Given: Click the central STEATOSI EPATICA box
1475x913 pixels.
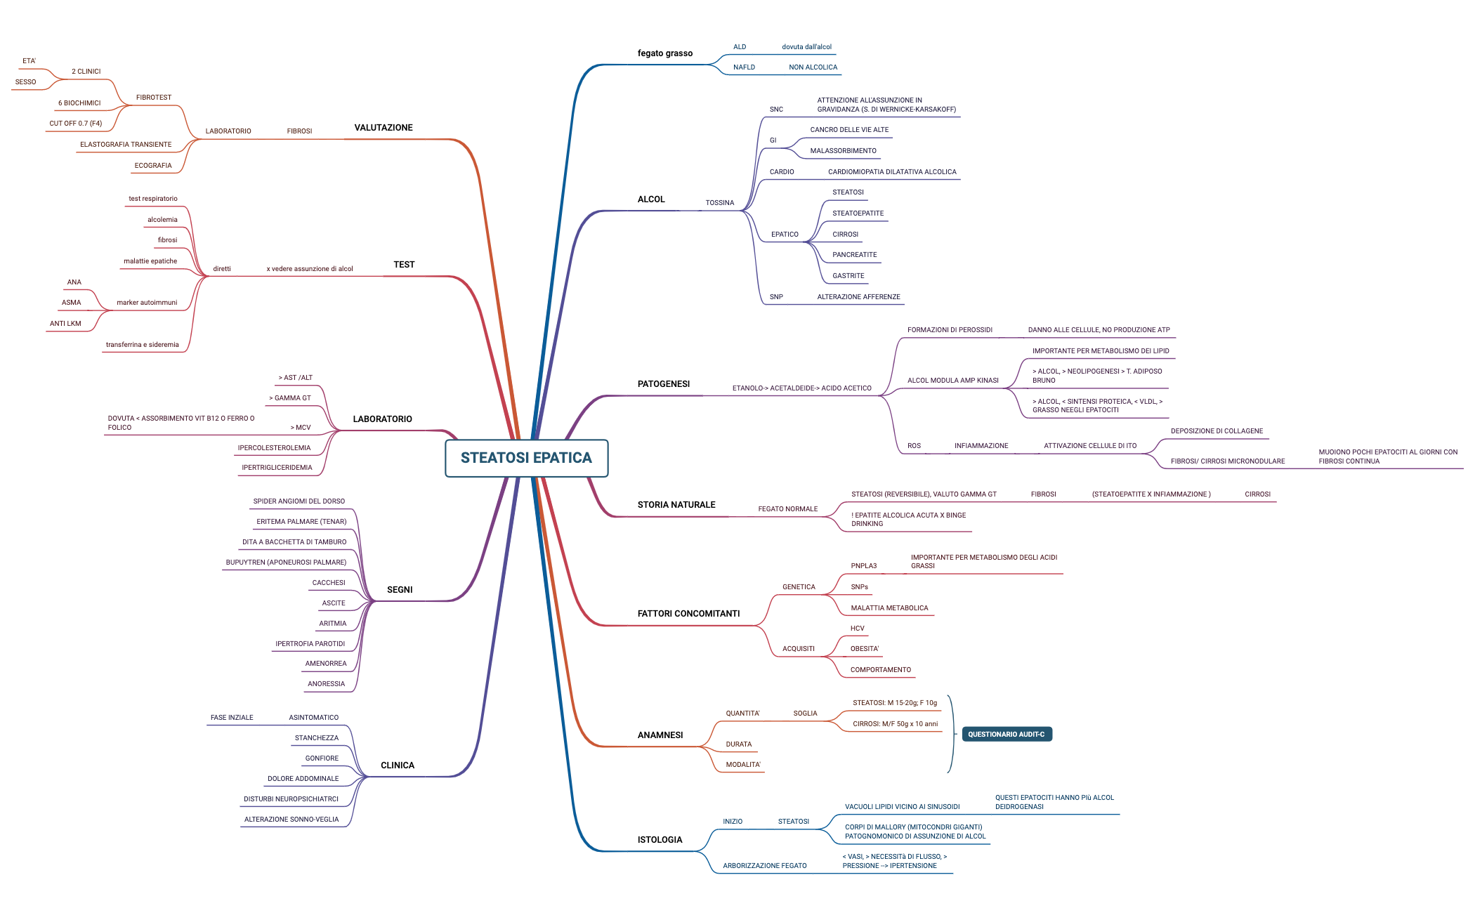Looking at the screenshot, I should point(526,458).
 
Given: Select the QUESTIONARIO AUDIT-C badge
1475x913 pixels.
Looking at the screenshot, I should point(1006,735).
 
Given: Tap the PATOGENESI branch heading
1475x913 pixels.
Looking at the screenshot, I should point(663,384).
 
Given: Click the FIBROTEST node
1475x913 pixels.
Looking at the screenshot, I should point(153,98).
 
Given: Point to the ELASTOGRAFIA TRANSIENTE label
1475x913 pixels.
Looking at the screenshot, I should point(126,145).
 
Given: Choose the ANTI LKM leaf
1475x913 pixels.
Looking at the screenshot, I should point(65,324).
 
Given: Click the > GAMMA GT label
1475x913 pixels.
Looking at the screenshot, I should point(290,398).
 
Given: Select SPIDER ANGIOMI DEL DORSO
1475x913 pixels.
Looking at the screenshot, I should point(299,501).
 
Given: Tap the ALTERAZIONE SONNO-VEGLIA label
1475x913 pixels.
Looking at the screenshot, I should point(291,820).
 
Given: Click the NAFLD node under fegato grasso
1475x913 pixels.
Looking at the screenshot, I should point(744,67).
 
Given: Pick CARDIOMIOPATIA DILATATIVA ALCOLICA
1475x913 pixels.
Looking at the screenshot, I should point(891,172).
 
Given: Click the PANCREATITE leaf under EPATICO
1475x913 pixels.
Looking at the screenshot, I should point(854,255).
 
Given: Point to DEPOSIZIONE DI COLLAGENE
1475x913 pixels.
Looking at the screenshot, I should point(1216,431).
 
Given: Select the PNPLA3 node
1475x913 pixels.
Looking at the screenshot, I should point(863,566).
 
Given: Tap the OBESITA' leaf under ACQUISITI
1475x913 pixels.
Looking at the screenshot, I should point(864,649).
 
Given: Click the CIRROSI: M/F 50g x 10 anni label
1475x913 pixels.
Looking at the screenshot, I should point(895,724).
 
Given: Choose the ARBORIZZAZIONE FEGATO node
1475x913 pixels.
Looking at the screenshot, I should point(764,866).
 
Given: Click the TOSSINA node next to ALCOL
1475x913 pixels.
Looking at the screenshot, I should point(719,203).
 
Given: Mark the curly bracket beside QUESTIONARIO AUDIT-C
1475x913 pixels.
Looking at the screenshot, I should point(951,734).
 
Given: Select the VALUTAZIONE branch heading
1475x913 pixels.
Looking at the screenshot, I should point(383,128).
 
